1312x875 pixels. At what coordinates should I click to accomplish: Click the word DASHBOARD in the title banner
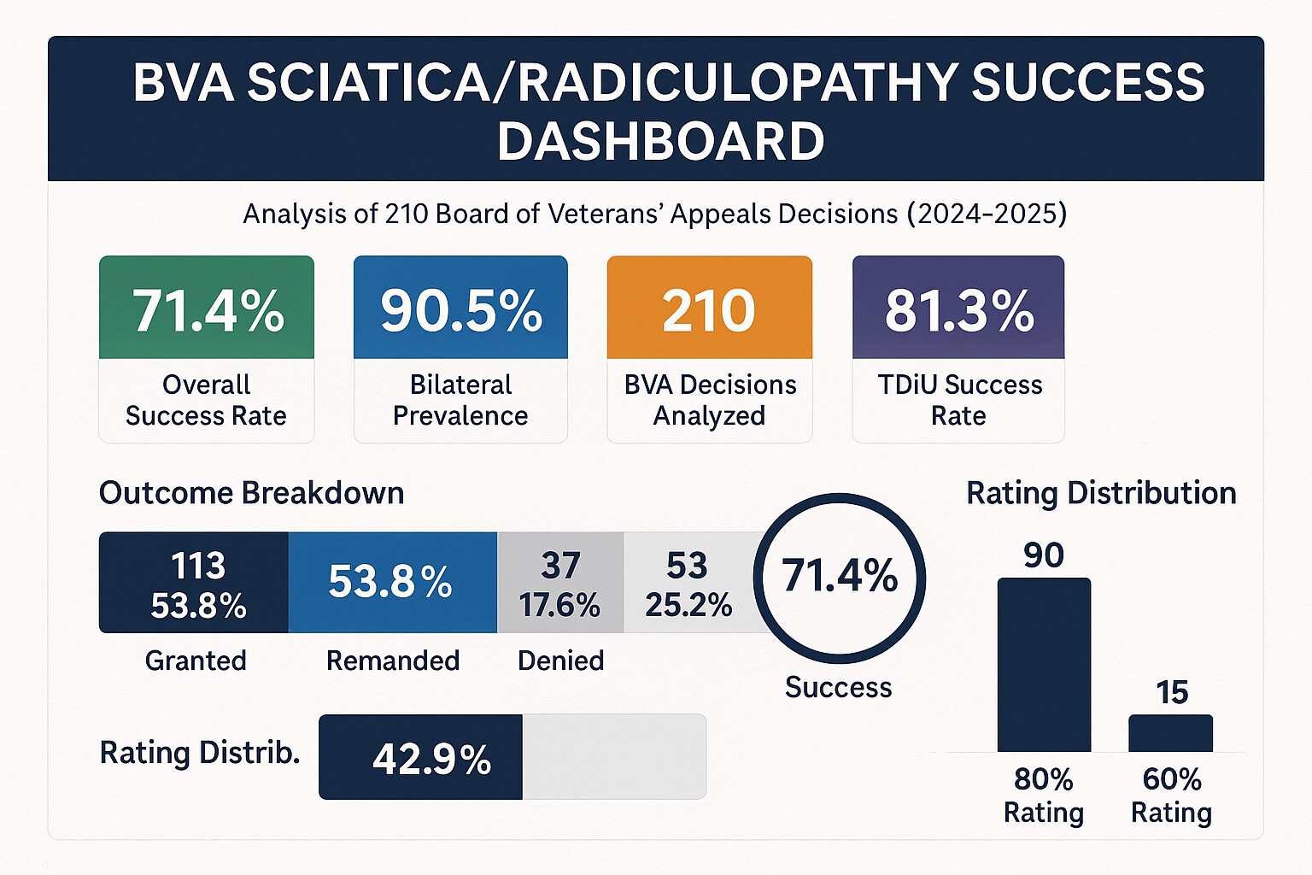point(660,142)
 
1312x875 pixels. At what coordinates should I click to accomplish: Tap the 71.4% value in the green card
point(208,310)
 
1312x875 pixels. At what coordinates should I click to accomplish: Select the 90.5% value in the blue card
point(461,310)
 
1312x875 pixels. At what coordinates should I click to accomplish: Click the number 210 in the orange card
point(709,310)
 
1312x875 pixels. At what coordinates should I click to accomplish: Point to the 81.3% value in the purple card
point(958,310)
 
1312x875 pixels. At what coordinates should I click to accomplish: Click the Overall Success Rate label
point(206,400)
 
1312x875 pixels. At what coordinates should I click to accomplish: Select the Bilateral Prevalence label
point(460,400)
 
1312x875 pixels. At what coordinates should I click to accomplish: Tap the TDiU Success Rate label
point(959,400)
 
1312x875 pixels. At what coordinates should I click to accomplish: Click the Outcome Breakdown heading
point(251,493)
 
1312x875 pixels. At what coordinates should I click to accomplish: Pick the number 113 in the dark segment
point(198,566)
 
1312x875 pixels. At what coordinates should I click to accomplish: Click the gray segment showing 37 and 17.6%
point(560,583)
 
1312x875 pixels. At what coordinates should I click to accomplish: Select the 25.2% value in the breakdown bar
point(688,605)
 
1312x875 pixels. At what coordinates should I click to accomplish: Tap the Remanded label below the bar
point(393,661)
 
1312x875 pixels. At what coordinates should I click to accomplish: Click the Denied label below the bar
point(560,661)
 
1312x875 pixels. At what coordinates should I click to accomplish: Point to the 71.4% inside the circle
point(840,576)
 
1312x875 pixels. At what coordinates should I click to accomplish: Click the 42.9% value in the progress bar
point(431,759)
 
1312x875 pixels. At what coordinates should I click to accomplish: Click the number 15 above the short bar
point(1172,692)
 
